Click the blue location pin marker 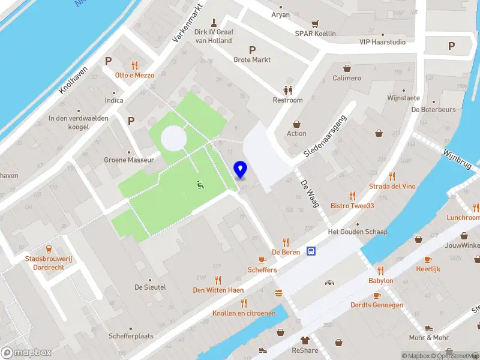[x=241, y=170]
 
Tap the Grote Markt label [x=252, y=60]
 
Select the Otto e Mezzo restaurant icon [x=135, y=65]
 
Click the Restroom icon [x=288, y=90]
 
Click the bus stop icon [x=311, y=251]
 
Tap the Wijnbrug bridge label [x=458, y=159]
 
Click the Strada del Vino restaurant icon [x=392, y=176]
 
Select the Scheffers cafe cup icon [x=262, y=260]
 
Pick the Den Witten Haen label [x=218, y=290]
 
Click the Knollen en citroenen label [x=244, y=313]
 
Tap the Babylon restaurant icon [x=380, y=271]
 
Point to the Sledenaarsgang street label [x=326, y=135]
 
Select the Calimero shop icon [x=347, y=68]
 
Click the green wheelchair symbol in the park [x=200, y=185]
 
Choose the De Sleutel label [x=150, y=287]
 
